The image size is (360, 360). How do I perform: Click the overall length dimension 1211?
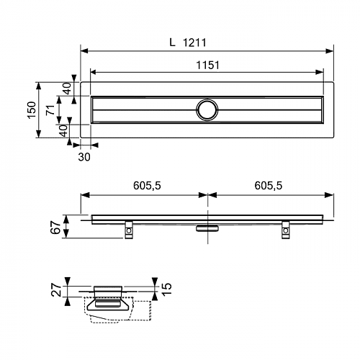point(194,42)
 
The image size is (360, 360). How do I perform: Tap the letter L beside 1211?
point(172,42)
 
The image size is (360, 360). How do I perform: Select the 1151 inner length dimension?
point(208,66)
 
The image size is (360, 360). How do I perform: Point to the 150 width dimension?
point(32,109)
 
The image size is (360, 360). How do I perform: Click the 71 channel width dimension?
point(51,109)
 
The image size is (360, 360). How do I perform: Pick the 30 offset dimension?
point(84,157)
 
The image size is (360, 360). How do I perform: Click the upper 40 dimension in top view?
point(68,89)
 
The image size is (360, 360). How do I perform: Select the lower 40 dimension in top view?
point(63,131)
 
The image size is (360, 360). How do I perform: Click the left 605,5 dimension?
point(147,186)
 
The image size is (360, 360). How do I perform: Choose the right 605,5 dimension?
point(269,186)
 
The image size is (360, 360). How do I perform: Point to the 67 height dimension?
point(56,227)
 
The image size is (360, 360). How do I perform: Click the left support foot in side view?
point(129,230)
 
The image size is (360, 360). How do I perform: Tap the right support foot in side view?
point(286,230)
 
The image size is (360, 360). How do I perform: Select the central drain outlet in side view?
point(207,228)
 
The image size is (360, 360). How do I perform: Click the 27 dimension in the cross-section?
point(57,289)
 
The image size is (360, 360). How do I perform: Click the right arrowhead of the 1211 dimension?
point(329,51)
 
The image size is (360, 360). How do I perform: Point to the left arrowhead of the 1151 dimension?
point(94,72)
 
